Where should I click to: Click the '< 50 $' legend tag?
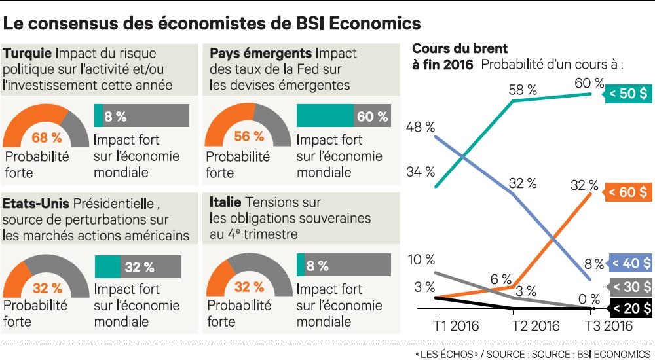628,93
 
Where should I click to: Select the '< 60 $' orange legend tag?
628,192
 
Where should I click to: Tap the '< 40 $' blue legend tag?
629,264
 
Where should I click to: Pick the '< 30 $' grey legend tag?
629,286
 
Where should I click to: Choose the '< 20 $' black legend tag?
629,308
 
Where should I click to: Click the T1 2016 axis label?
457,326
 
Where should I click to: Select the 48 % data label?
420,127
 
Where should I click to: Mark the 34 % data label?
420,172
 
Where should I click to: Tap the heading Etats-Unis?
36,204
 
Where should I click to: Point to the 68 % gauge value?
47,137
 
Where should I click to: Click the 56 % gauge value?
249,137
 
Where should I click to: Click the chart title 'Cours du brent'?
460,49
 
